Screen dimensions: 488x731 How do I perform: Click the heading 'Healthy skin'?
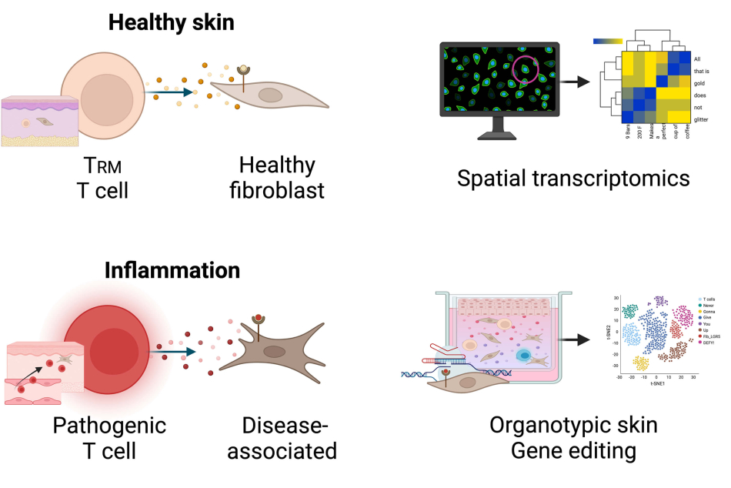click(171, 22)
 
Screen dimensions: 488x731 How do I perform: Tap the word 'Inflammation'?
click(172, 271)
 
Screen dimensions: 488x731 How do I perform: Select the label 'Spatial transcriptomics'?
click(572, 179)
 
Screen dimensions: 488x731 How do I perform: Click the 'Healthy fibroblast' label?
click(277, 177)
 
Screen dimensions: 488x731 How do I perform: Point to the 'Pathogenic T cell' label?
click(109, 437)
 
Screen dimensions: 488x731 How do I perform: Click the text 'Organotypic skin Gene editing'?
click(574, 436)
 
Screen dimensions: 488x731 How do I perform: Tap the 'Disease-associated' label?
click(289, 437)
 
